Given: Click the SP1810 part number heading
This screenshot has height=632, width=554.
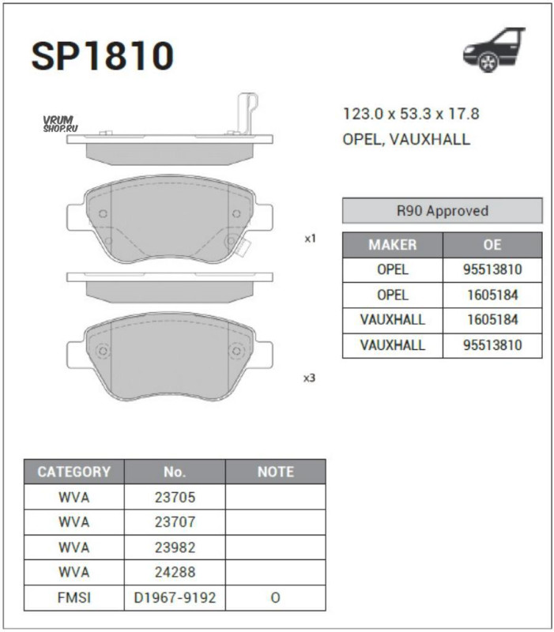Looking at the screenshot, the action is (x=103, y=55).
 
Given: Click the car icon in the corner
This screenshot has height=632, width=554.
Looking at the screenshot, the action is (x=494, y=50).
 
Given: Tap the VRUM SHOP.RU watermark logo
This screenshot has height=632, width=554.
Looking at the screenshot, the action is (x=60, y=124).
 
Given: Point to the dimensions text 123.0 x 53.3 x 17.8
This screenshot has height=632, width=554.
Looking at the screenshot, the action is (x=411, y=114).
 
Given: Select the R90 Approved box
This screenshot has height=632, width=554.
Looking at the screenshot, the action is (x=443, y=210).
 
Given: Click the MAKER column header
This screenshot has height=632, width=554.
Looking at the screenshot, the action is (x=392, y=245).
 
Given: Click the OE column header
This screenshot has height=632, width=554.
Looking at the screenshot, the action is (x=492, y=245).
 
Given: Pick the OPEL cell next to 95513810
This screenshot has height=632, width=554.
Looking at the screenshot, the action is (x=392, y=269).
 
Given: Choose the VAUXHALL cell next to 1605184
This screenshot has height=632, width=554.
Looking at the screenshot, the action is (x=392, y=320).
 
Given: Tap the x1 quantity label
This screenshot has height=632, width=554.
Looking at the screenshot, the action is (x=310, y=239).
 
